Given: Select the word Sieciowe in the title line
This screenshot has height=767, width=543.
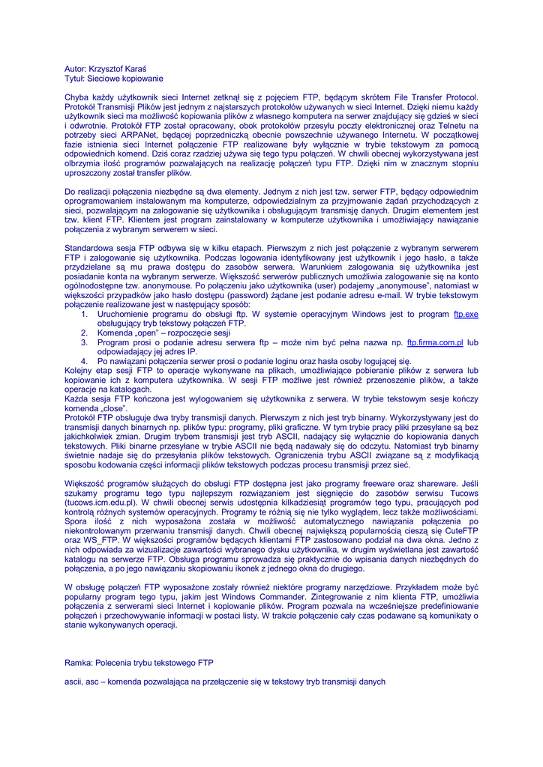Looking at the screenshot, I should [x=105, y=79].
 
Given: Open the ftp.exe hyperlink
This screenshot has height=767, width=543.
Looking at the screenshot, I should [x=466, y=314].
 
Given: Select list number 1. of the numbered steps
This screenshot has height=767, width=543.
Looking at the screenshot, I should [x=85, y=314].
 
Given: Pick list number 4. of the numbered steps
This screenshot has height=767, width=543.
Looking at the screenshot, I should [x=85, y=361].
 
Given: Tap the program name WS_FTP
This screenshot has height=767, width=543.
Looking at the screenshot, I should [x=100, y=540].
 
